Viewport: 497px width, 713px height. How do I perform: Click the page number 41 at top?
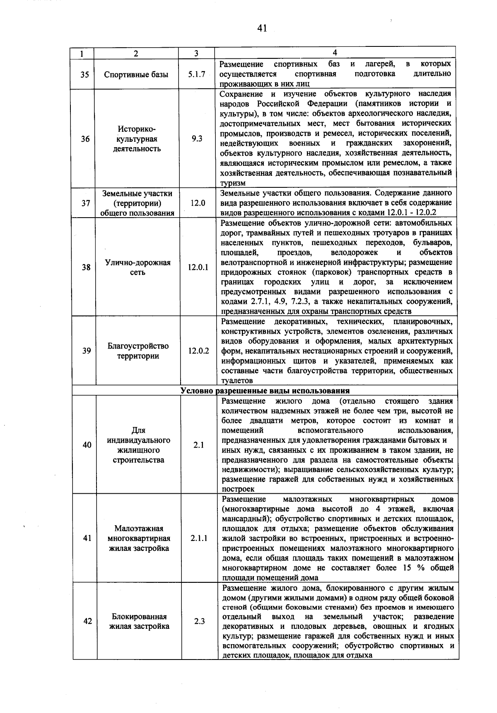(x=261, y=28)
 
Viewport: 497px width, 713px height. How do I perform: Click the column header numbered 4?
(x=335, y=53)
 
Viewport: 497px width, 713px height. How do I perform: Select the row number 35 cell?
(x=84, y=75)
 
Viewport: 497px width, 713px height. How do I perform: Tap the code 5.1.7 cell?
(x=196, y=75)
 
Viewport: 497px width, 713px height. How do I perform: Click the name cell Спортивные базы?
(x=136, y=75)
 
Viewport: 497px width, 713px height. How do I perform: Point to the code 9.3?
(x=197, y=139)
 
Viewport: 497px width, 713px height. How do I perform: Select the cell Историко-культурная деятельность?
(x=137, y=139)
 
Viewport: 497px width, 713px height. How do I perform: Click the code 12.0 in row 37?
(x=197, y=203)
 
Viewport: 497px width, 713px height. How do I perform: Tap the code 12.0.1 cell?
(x=198, y=267)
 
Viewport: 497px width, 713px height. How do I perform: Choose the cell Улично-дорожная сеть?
(x=138, y=267)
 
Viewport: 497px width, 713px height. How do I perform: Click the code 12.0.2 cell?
(x=198, y=351)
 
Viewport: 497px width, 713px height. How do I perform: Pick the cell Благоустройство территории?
(x=138, y=351)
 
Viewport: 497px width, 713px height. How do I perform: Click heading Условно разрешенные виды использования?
(x=265, y=390)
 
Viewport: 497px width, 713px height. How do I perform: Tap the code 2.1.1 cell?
(x=199, y=538)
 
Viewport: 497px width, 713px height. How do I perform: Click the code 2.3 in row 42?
(x=200, y=621)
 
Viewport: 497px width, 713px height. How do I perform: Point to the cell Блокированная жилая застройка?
(x=139, y=621)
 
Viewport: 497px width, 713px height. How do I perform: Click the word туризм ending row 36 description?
(x=233, y=183)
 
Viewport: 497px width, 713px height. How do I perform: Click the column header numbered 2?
(x=136, y=53)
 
